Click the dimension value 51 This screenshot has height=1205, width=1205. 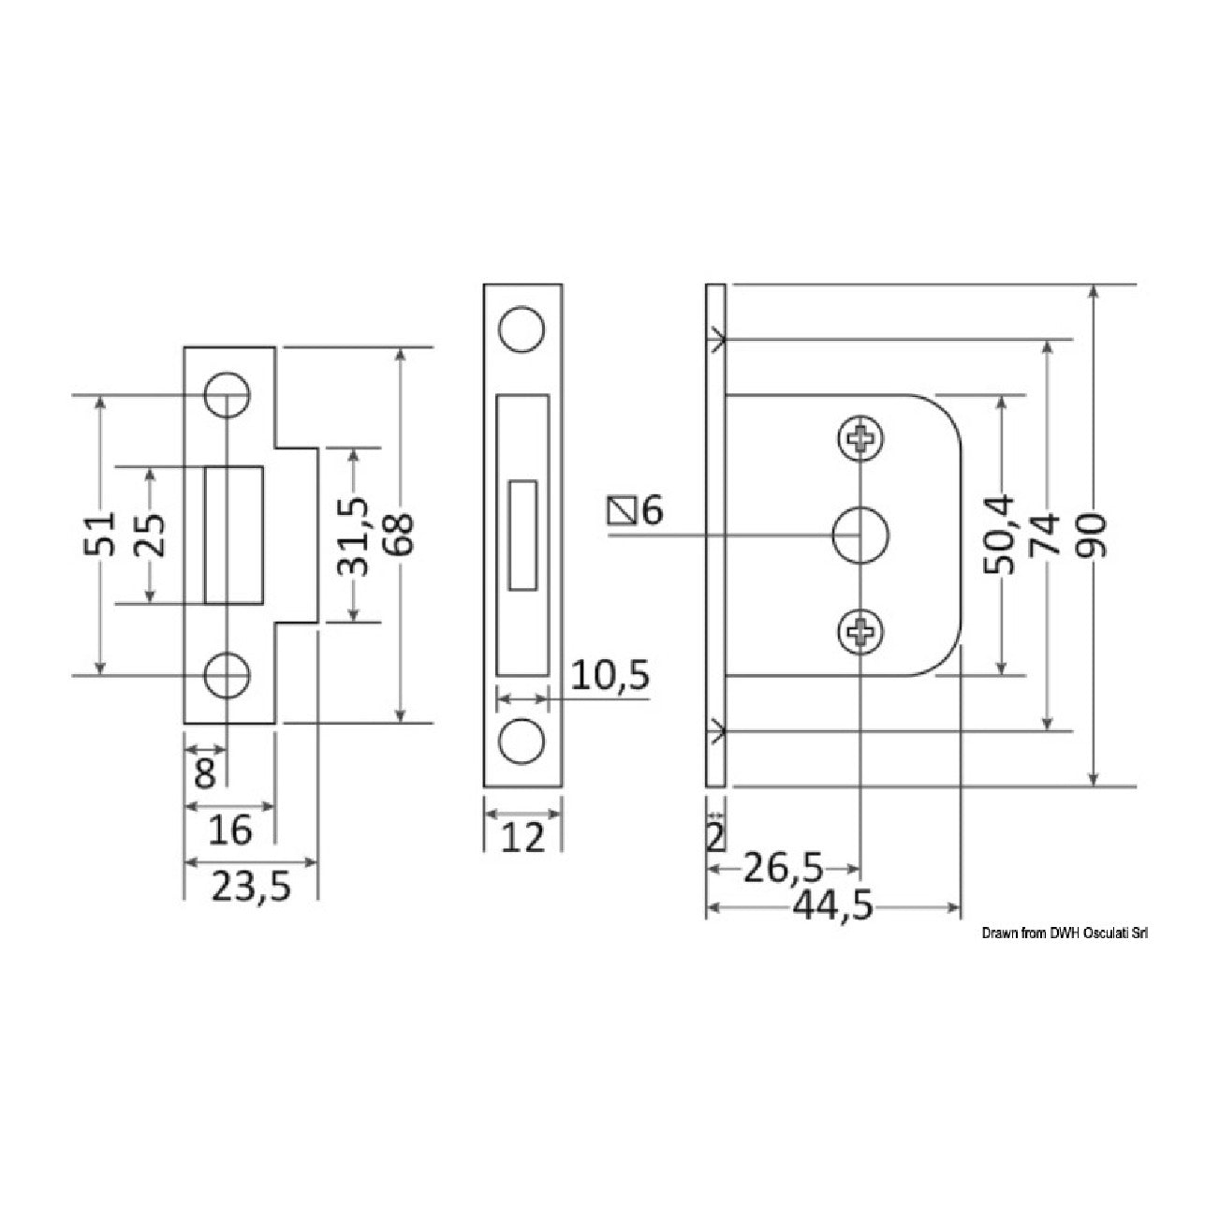(100, 534)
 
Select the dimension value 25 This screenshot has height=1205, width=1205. (150, 535)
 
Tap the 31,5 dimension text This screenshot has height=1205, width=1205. (353, 536)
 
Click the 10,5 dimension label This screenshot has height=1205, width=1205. (610, 675)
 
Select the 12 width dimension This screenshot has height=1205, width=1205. (522, 837)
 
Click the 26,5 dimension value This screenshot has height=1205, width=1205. (783, 868)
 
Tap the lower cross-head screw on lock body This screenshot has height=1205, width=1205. (861, 631)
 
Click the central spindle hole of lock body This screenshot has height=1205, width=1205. (861, 535)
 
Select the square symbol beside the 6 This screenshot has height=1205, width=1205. (620, 511)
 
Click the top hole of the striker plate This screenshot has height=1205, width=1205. (227, 395)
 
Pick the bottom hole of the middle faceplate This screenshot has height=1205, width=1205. (522, 741)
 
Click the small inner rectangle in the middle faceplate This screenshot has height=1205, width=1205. (522, 535)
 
